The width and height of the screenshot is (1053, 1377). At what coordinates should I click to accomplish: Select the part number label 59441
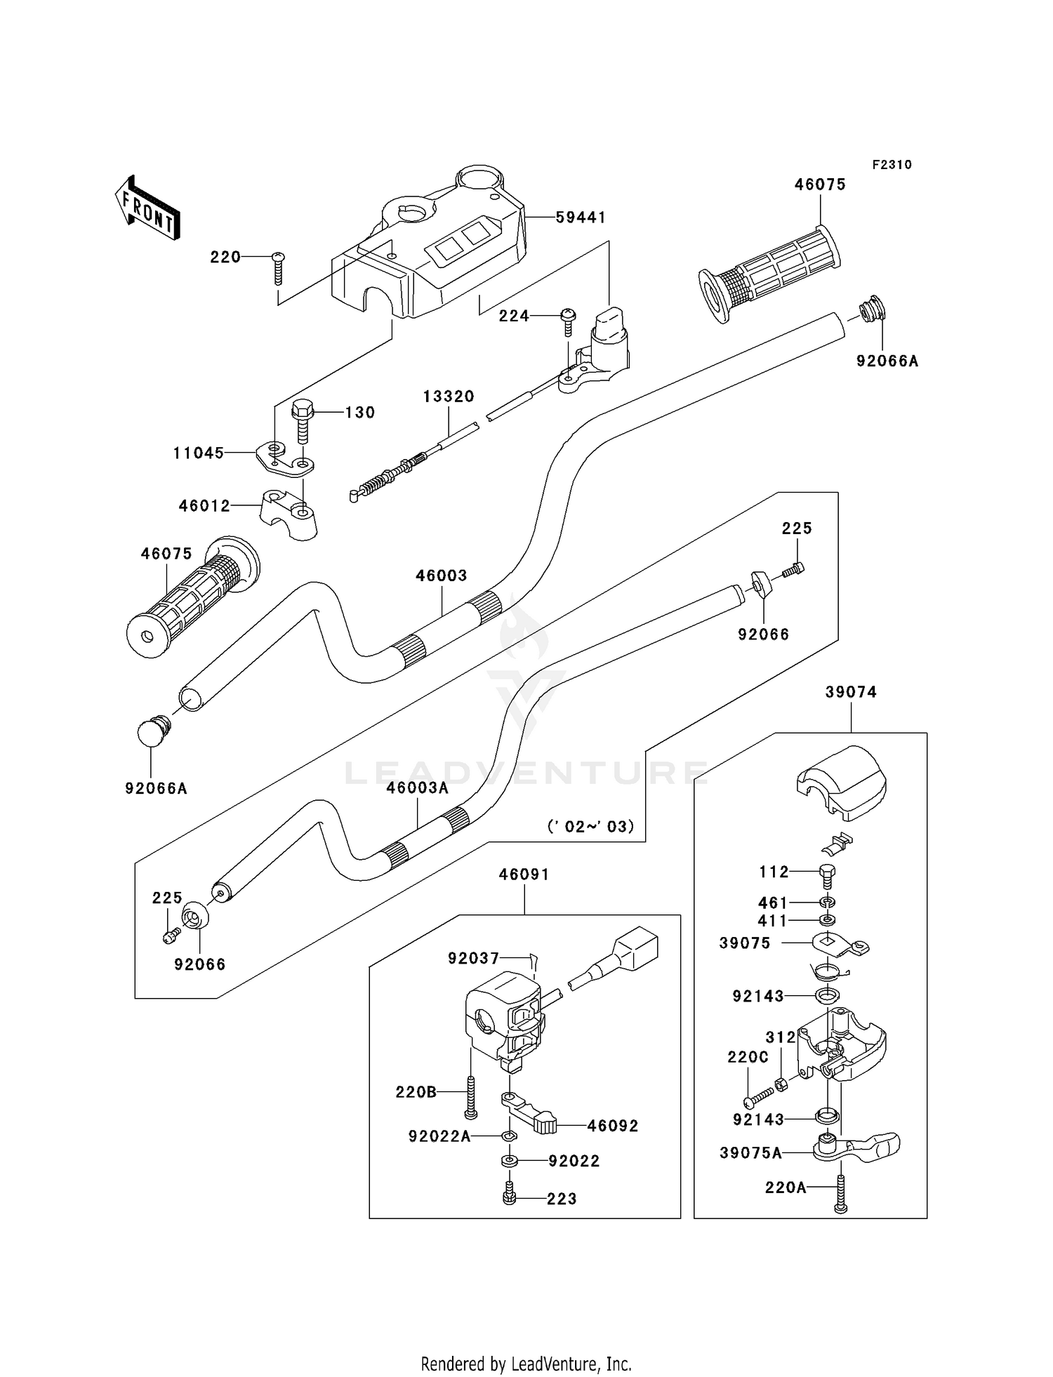coord(581,218)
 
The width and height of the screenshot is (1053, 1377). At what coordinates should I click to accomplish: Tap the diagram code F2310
coord(892,165)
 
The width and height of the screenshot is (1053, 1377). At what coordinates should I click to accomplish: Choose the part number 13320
coord(449,397)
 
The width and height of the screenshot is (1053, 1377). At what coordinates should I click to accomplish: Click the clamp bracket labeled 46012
coord(289,514)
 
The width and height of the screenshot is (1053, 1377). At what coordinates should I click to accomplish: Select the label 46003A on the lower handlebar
coord(417,788)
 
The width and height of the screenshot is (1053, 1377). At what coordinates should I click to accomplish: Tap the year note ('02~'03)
coord(590,826)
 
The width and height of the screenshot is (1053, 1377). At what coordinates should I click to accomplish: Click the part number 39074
coord(851,693)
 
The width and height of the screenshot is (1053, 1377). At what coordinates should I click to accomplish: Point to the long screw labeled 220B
coord(470,1093)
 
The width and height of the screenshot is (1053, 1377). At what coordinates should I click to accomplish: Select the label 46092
coord(613,1126)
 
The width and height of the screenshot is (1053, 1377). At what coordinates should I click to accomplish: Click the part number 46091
coord(524,874)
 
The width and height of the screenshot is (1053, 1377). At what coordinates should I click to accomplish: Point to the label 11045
coord(199,453)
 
